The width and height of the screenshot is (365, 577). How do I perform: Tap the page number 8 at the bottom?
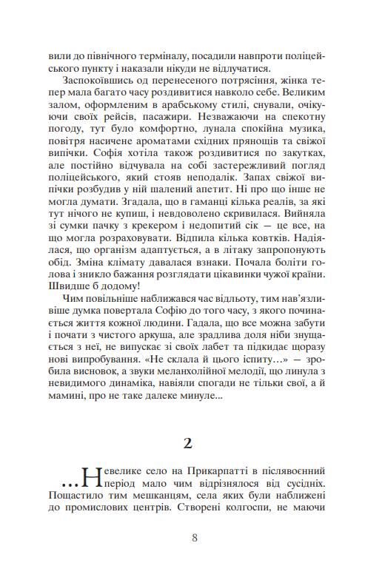coord(194,538)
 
